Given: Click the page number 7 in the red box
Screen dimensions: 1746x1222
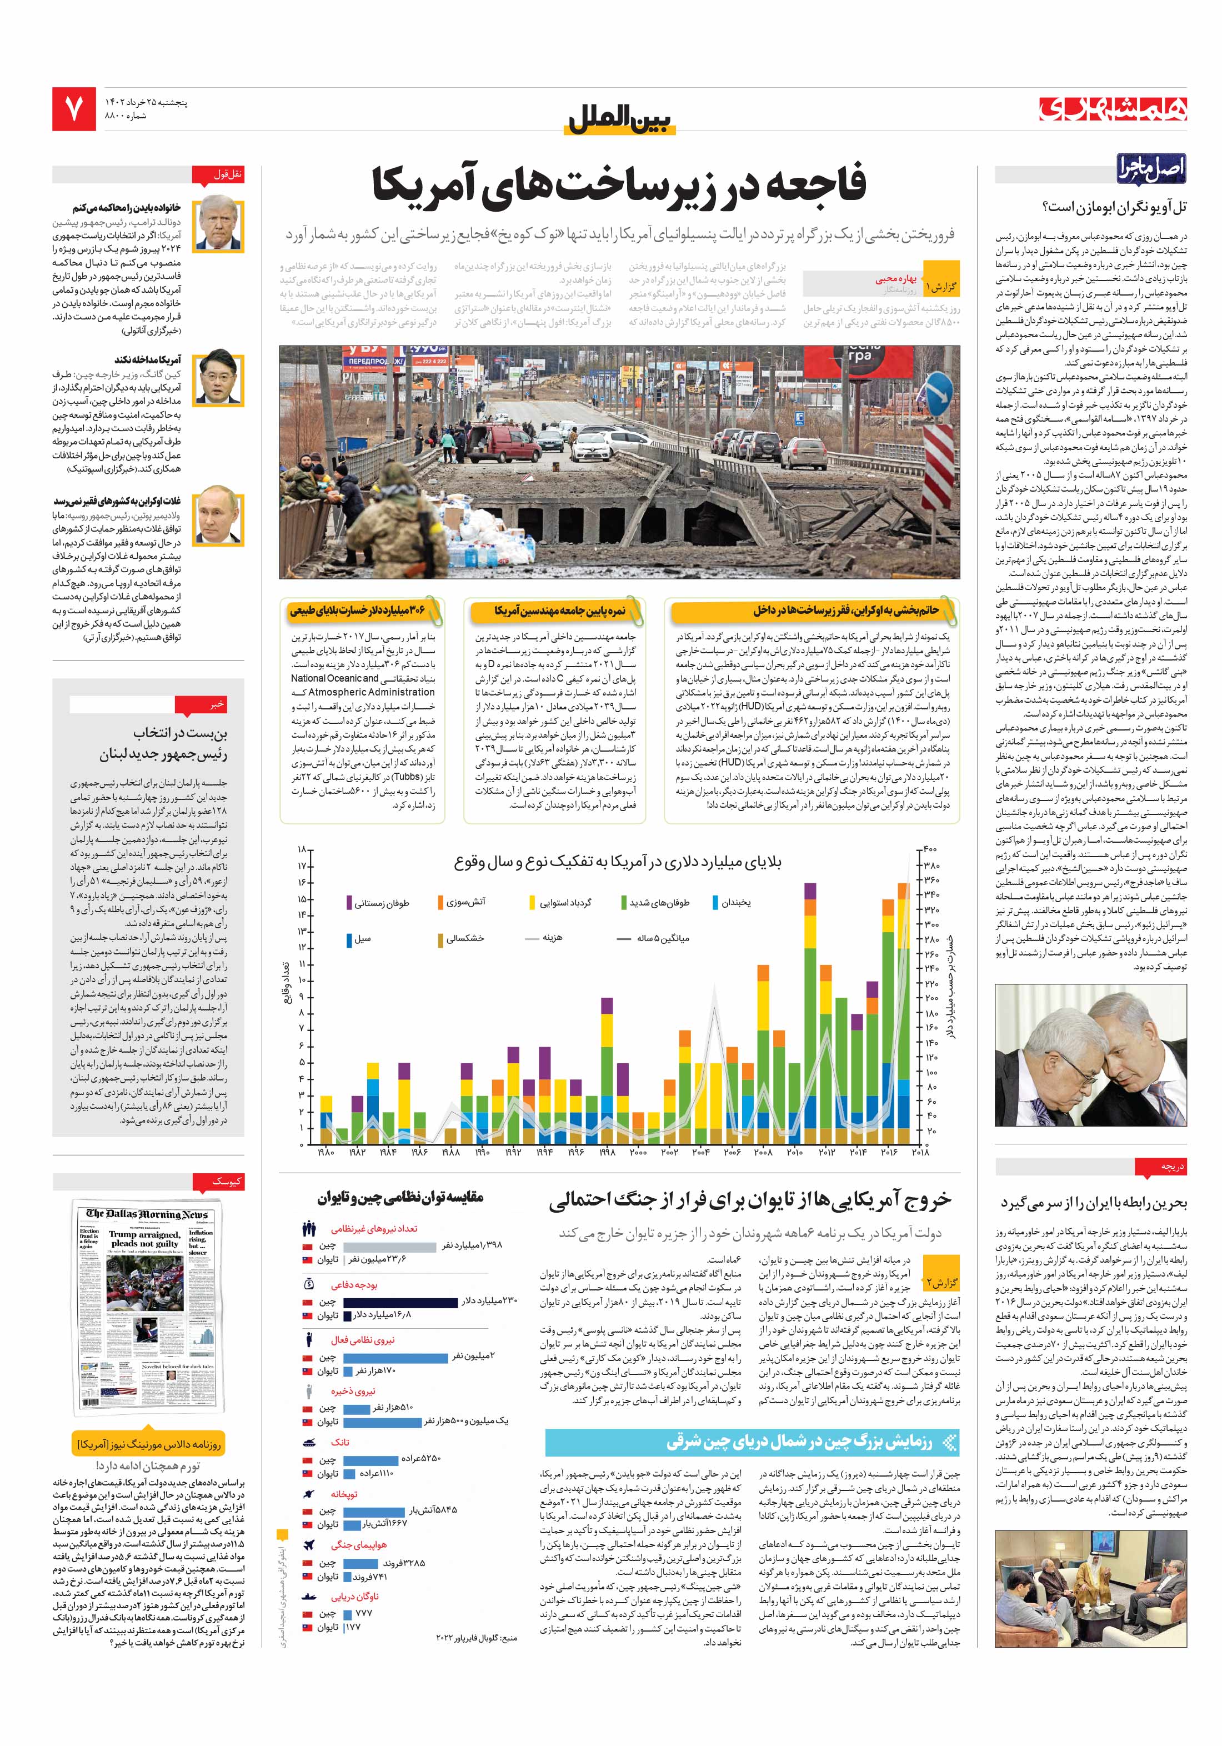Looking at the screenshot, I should coord(74,109).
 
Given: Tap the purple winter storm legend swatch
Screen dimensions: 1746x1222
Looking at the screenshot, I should coord(348,903).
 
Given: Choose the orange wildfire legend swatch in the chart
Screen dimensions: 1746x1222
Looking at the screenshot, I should coord(441,903).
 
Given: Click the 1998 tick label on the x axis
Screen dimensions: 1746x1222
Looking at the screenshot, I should coord(606,1153).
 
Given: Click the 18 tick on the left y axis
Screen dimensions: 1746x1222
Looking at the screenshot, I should coord(303,849).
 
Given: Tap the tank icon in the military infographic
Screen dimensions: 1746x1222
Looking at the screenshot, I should coord(309,1442).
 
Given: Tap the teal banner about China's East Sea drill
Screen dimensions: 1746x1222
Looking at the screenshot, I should coord(752,1442).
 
